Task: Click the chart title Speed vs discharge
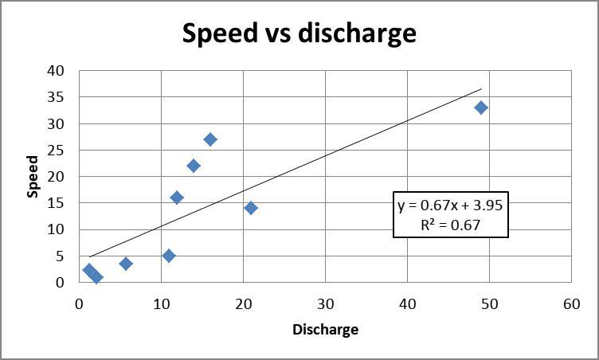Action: pos(299,33)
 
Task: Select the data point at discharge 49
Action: pos(481,108)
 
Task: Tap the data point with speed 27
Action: pos(210,139)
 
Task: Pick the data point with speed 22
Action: pos(194,166)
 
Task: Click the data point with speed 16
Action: pos(177,198)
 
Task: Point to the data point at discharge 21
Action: pos(251,208)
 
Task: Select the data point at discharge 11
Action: pos(169,256)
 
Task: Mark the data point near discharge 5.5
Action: pos(126,264)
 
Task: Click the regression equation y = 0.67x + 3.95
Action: pos(450,205)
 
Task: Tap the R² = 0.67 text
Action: pos(450,225)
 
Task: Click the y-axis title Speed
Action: pos(33,176)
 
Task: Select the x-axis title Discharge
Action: pos(325,329)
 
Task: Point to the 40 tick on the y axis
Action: pos(56,70)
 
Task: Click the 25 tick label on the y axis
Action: pos(56,150)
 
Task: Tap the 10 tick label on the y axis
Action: pos(56,229)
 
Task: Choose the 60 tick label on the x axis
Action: pos(570,304)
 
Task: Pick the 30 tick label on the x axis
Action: pos(325,304)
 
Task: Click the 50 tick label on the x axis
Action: pos(488,304)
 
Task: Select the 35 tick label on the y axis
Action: pos(56,97)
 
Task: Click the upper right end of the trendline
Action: pos(481,89)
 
